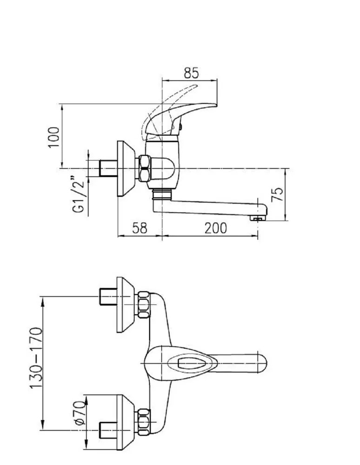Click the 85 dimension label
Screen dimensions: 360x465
(191, 73)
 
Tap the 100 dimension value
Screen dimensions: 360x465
(54, 137)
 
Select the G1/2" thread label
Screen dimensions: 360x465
(78, 195)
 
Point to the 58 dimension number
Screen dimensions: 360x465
(140, 228)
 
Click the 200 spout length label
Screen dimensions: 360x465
(216, 228)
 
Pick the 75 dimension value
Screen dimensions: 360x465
(278, 194)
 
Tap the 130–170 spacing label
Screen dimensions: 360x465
(36, 358)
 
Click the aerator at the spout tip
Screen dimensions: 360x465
(257, 218)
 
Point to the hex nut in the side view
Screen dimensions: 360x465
(144, 168)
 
